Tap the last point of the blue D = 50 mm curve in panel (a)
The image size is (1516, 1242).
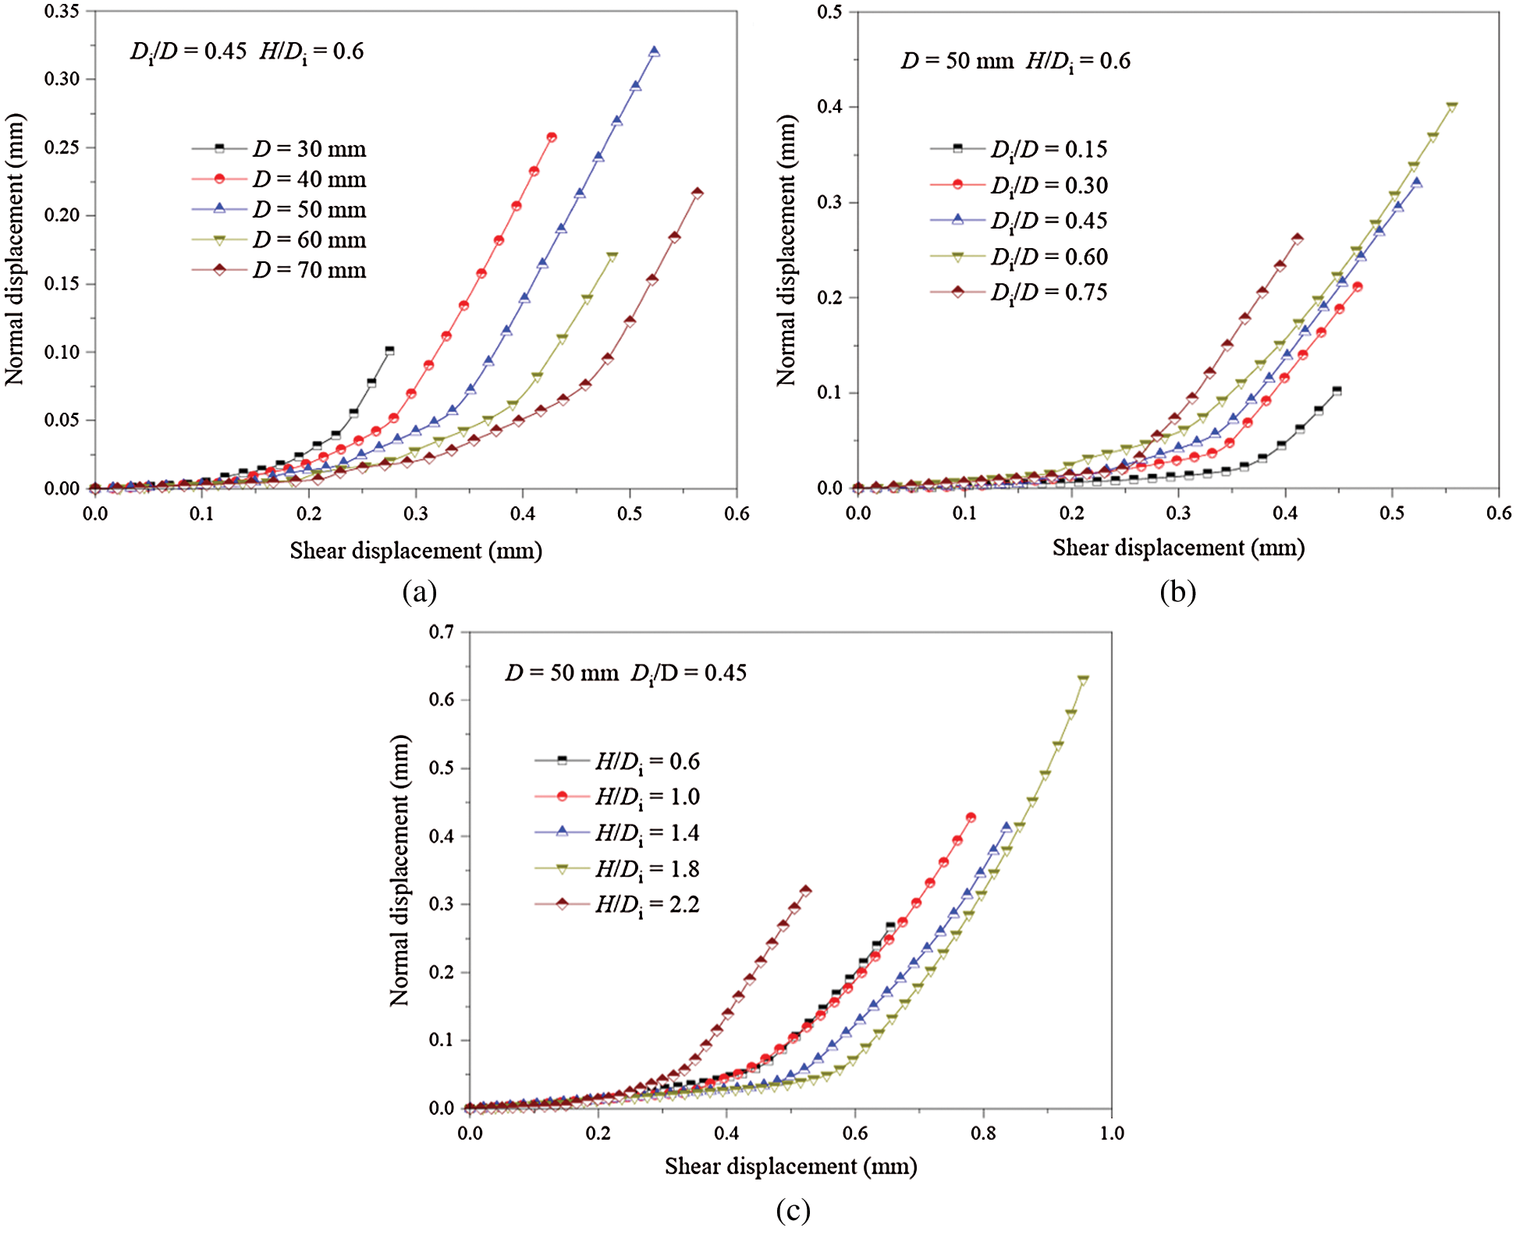654,51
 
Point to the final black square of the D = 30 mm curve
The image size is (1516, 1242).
389,351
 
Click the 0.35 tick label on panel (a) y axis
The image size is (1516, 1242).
62,12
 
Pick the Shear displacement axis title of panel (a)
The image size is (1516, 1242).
416,551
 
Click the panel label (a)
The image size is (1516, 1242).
419,592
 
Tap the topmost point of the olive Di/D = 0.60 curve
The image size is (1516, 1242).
1451,107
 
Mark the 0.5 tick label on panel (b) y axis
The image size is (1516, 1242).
829,12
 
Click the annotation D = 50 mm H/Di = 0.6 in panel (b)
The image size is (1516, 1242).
1015,61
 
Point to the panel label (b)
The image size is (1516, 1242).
1177,592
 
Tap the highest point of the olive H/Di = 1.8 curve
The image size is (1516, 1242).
1083,680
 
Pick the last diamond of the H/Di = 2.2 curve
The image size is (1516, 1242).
805,891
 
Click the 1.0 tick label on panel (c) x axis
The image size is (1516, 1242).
1112,1133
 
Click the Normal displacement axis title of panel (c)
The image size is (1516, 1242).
399,870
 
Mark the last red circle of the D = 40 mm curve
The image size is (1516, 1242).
552,137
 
